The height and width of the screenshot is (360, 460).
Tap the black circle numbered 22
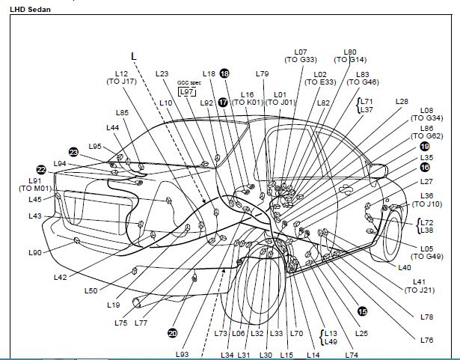coord(41,170)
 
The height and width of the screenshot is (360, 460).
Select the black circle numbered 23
coord(73,151)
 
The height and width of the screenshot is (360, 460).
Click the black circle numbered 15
coord(363,311)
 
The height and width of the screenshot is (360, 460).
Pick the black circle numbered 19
coord(425,147)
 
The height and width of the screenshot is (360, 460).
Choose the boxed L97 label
coord(187,91)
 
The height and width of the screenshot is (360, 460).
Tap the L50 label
coord(91,290)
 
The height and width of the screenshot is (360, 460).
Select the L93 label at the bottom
coord(183,354)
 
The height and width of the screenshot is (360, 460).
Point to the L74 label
coord(352,354)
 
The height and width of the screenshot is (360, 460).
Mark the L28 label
coord(402,101)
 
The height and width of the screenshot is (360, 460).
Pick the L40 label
coord(405,267)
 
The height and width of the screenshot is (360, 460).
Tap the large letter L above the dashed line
coord(134,55)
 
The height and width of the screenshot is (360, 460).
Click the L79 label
coord(262,74)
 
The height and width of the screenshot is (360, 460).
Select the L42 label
coord(61,277)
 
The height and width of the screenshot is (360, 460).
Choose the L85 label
coord(123,113)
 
